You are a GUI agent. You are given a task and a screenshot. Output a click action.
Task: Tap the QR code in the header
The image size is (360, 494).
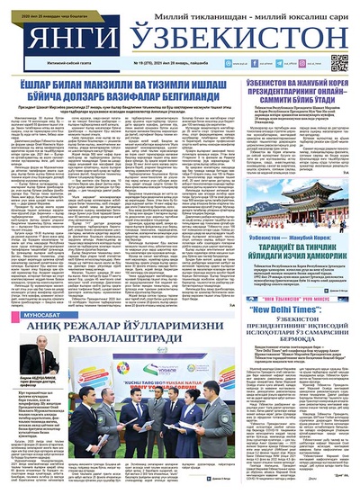coord(338,62)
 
